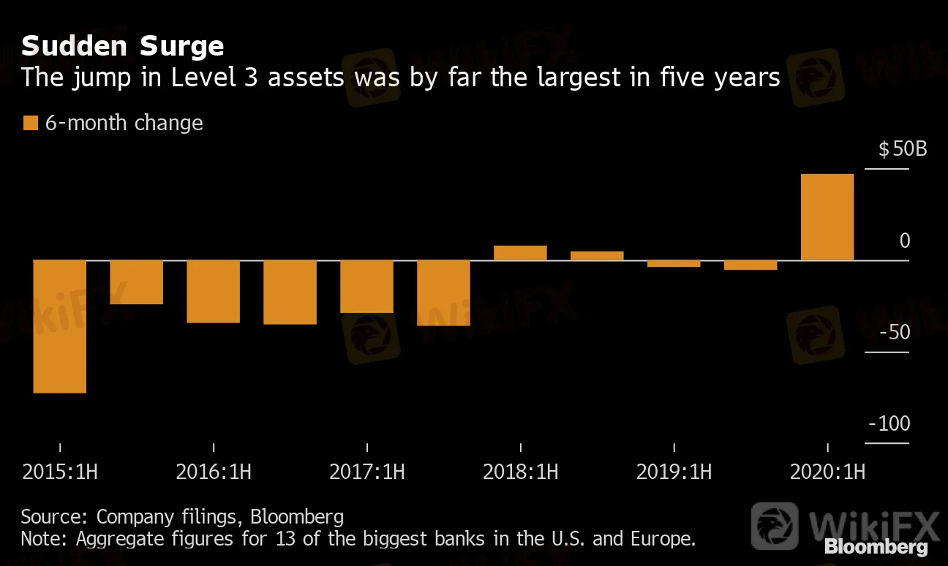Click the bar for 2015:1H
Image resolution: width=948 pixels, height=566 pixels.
[60, 326]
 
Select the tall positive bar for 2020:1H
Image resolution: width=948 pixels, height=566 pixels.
[827, 217]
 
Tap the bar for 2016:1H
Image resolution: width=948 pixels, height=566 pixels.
[213, 291]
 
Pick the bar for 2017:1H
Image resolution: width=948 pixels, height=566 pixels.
[366, 287]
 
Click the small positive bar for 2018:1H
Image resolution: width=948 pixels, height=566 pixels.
[520, 253]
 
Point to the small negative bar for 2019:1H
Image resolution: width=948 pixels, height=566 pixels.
[674, 263]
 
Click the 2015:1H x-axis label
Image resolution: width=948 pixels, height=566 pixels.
[60, 472]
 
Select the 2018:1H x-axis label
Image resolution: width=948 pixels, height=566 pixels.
[520, 472]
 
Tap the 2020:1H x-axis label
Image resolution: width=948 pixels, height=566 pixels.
[827, 472]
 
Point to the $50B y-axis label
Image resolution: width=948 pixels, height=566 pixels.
[903, 150]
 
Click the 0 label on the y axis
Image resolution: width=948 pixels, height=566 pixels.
[905, 241]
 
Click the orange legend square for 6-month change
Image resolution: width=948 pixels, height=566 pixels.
[30, 123]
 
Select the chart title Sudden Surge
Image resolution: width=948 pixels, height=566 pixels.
[122, 47]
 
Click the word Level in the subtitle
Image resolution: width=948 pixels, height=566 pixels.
[200, 77]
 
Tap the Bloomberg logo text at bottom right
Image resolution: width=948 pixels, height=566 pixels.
[876, 547]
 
